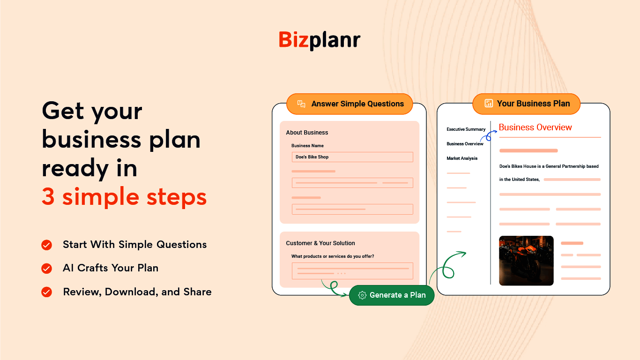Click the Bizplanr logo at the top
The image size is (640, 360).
320,40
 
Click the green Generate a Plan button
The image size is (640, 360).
392,295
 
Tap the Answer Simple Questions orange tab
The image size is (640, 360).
350,104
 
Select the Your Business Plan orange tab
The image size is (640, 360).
526,104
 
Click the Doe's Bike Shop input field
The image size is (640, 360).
352,157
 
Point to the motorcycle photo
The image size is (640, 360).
526,261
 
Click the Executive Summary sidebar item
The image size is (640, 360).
466,129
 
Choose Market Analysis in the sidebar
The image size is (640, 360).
462,158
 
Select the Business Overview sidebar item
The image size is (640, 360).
465,144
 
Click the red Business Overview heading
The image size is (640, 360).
535,127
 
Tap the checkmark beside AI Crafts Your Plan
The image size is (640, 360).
47,268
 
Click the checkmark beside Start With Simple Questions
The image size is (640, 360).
47,245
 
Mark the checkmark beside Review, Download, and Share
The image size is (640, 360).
47,292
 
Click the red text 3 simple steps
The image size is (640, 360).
124,197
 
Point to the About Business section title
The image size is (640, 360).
307,133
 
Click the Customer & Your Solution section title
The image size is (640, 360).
320,243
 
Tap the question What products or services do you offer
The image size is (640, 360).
333,256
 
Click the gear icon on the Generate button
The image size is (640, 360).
362,295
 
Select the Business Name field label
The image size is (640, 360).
307,146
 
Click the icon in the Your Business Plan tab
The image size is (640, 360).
489,104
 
